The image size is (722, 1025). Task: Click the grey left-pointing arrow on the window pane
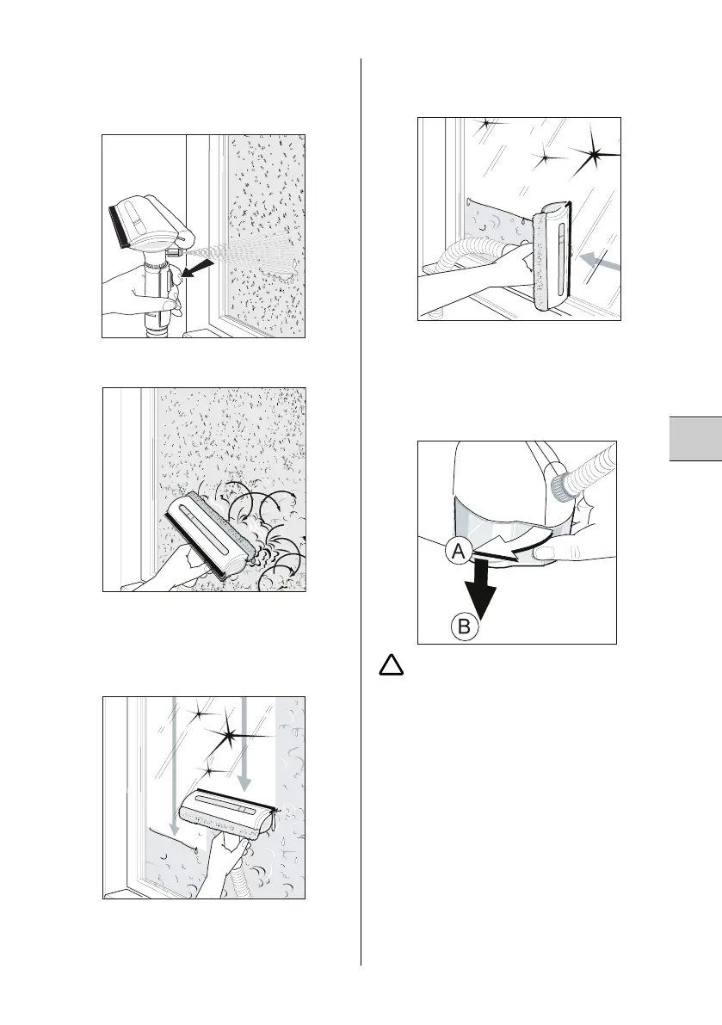[x=599, y=261]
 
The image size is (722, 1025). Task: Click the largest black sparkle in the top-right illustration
[x=595, y=157]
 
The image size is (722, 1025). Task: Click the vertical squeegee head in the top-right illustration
[x=551, y=258]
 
